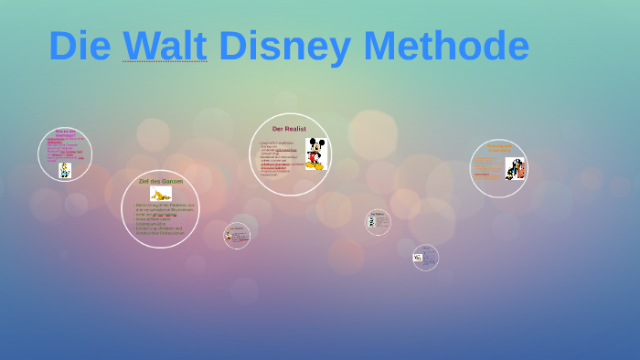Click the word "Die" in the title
pos(80,46)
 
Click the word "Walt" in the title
pos(165,46)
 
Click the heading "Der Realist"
pos(289,129)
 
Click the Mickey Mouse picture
pos(315,154)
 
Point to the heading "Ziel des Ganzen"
pos(160,181)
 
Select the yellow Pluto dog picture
pos(161,195)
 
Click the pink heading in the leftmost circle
pos(65,133)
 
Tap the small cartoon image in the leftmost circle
pos(65,170)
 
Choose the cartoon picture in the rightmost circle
pos(515,169)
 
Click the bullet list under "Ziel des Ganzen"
pos(159,219)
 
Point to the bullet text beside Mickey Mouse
pos(280,158)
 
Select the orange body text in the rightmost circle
pos(488,169)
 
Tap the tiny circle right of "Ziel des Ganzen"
pos(237,236)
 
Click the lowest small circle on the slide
pos(425,258)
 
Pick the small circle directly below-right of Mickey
pos(378,221)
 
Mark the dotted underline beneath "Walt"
pos(165,61)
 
